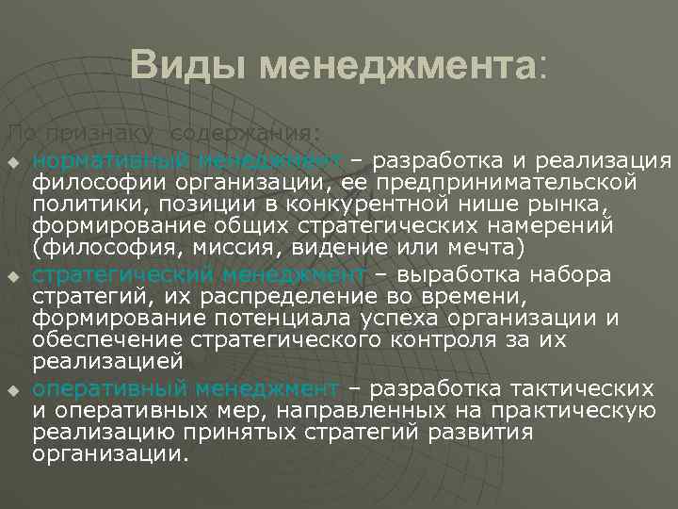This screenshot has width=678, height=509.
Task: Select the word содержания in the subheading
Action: coord(248,132)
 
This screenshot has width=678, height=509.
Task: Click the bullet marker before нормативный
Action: coord(12,157)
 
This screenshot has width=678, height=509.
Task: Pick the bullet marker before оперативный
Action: coord(12,389)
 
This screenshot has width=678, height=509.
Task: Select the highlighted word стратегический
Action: coord(123,275)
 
